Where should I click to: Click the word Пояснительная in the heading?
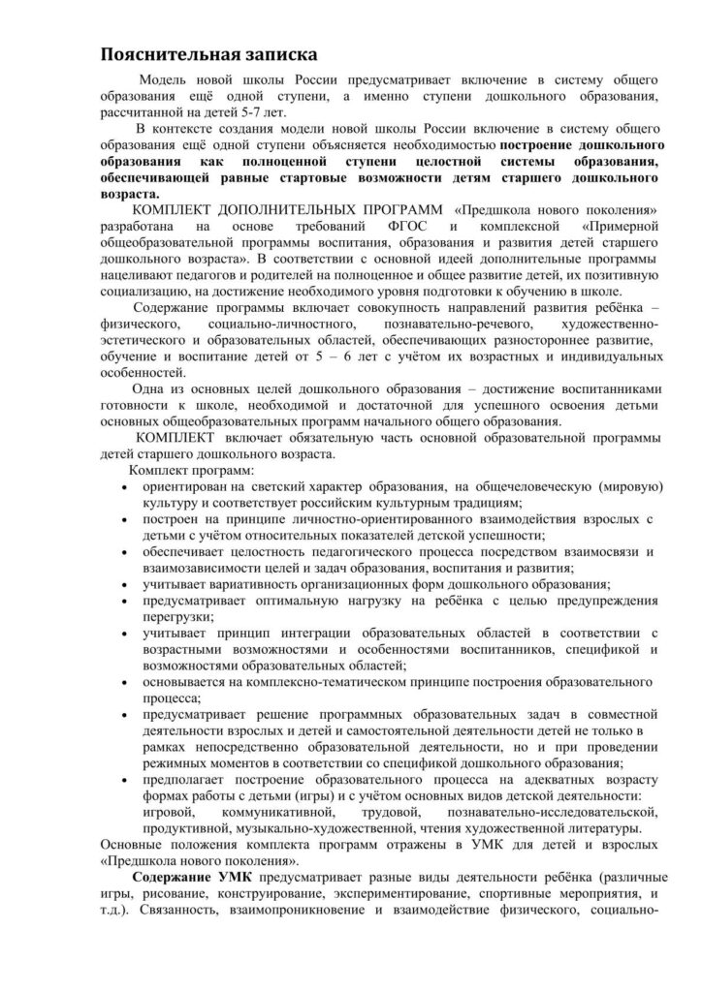pyautogui.click(x=169, y=52)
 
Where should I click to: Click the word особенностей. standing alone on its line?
pyautogui.click(x=143, y=371)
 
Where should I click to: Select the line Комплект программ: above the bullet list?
pyautogui.click(x=187, y=470)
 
